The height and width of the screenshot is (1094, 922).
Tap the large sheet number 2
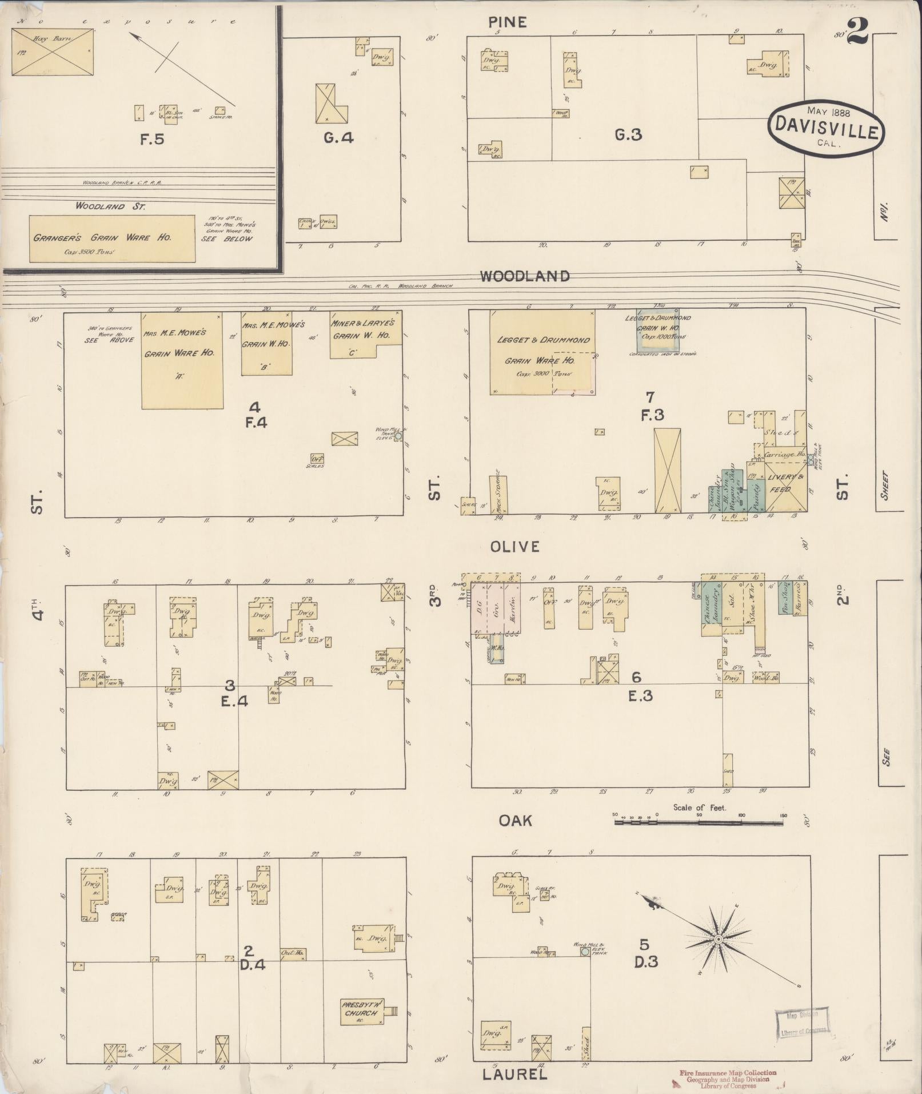point(857,32)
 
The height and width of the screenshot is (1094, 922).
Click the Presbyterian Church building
point(361,1009)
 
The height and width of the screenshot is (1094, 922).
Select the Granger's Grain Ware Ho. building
point(111,238)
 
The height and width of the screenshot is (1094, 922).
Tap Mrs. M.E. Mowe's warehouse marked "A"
point(182,360)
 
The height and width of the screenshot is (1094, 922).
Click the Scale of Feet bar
point(699,822)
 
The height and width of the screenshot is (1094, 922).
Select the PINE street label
point(508,22)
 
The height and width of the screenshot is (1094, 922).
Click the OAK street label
point(515,821)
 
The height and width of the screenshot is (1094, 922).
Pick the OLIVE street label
point(514,547)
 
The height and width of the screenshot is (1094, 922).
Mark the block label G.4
point(339,138)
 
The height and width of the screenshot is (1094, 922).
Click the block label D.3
point(646,962)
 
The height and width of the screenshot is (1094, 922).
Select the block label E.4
point(234,700)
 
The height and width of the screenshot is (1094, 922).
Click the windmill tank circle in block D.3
point(585,952)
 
